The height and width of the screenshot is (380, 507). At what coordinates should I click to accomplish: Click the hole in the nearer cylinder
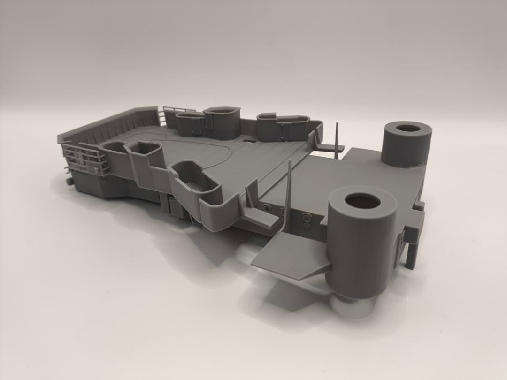pos(362,201)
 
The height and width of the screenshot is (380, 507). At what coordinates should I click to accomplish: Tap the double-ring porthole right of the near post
pos(306,217)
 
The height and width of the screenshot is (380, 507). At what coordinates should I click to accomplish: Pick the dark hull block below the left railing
pos(101,185)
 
